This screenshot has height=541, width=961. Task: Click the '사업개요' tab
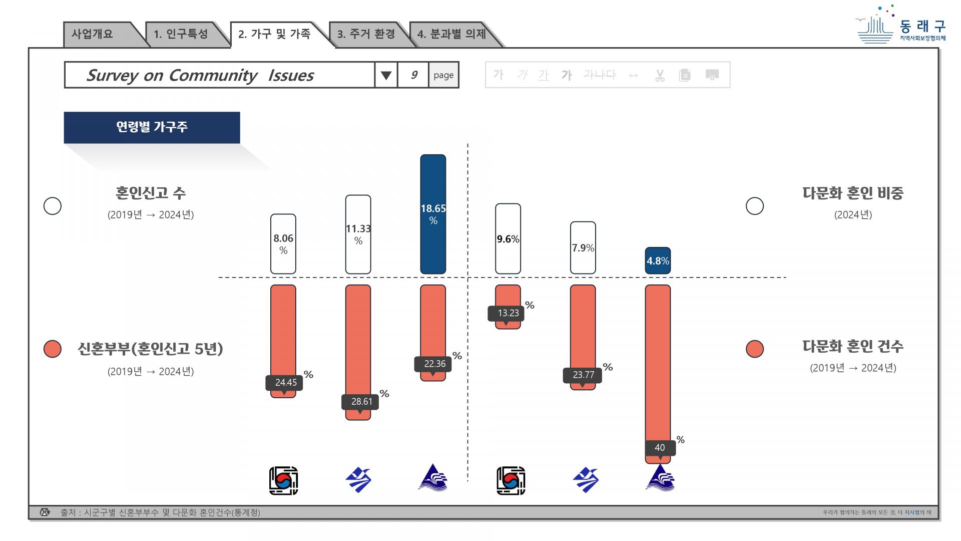click(x=98, y=35)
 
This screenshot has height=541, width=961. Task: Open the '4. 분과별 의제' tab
click(x=451, y=35)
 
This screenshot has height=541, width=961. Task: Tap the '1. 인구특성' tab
click(x=181, y=35)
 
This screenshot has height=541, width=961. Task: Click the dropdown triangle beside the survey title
click(x=386, y=76)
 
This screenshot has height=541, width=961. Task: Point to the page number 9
click(x=413, y=75)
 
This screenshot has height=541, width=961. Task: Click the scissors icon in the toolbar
click(x=660, y=75)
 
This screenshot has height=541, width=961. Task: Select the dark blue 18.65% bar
click(x=433, y=214)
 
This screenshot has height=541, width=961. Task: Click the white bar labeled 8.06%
click(x=283, y=244)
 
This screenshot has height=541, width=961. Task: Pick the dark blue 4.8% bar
click(x=658, y=260)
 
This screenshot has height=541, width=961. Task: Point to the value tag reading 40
click(x=660, y=448)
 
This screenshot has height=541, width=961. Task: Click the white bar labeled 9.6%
click(x=508, y=239)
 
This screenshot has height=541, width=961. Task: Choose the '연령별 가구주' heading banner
click(x=152, y=127)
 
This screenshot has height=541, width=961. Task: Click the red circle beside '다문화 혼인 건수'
click(x=755, y=349)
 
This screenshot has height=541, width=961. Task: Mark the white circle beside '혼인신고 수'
click(x=53, y=206)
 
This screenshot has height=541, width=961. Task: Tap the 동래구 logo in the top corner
click(x=901, y=25)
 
